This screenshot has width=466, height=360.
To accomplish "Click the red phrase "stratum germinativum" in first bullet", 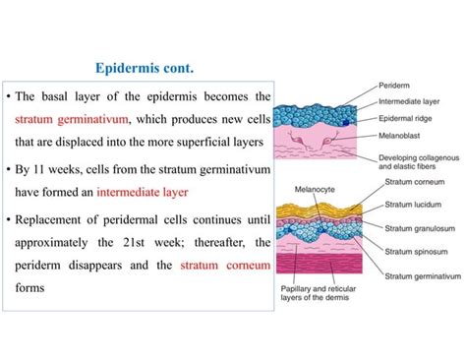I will [x=74, y=120].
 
